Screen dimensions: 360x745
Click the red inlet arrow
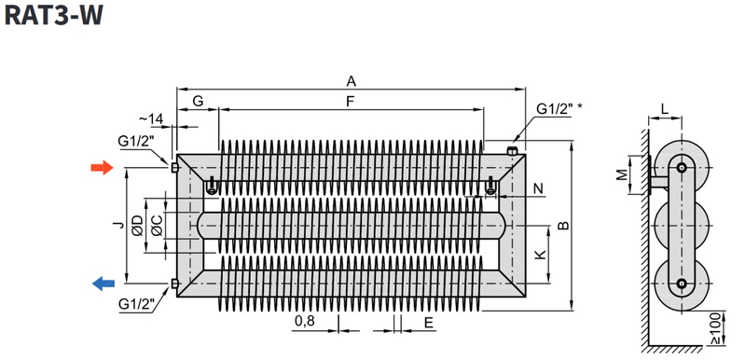[x=101, y=168]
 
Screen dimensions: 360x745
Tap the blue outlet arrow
[x=102, y=284]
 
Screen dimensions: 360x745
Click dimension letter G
[x=197, y=100]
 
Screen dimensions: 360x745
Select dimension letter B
[x=561, y=226]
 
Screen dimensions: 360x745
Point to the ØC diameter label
[x=157, y=226]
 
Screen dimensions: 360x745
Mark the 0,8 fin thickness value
[x=303, y=322]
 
